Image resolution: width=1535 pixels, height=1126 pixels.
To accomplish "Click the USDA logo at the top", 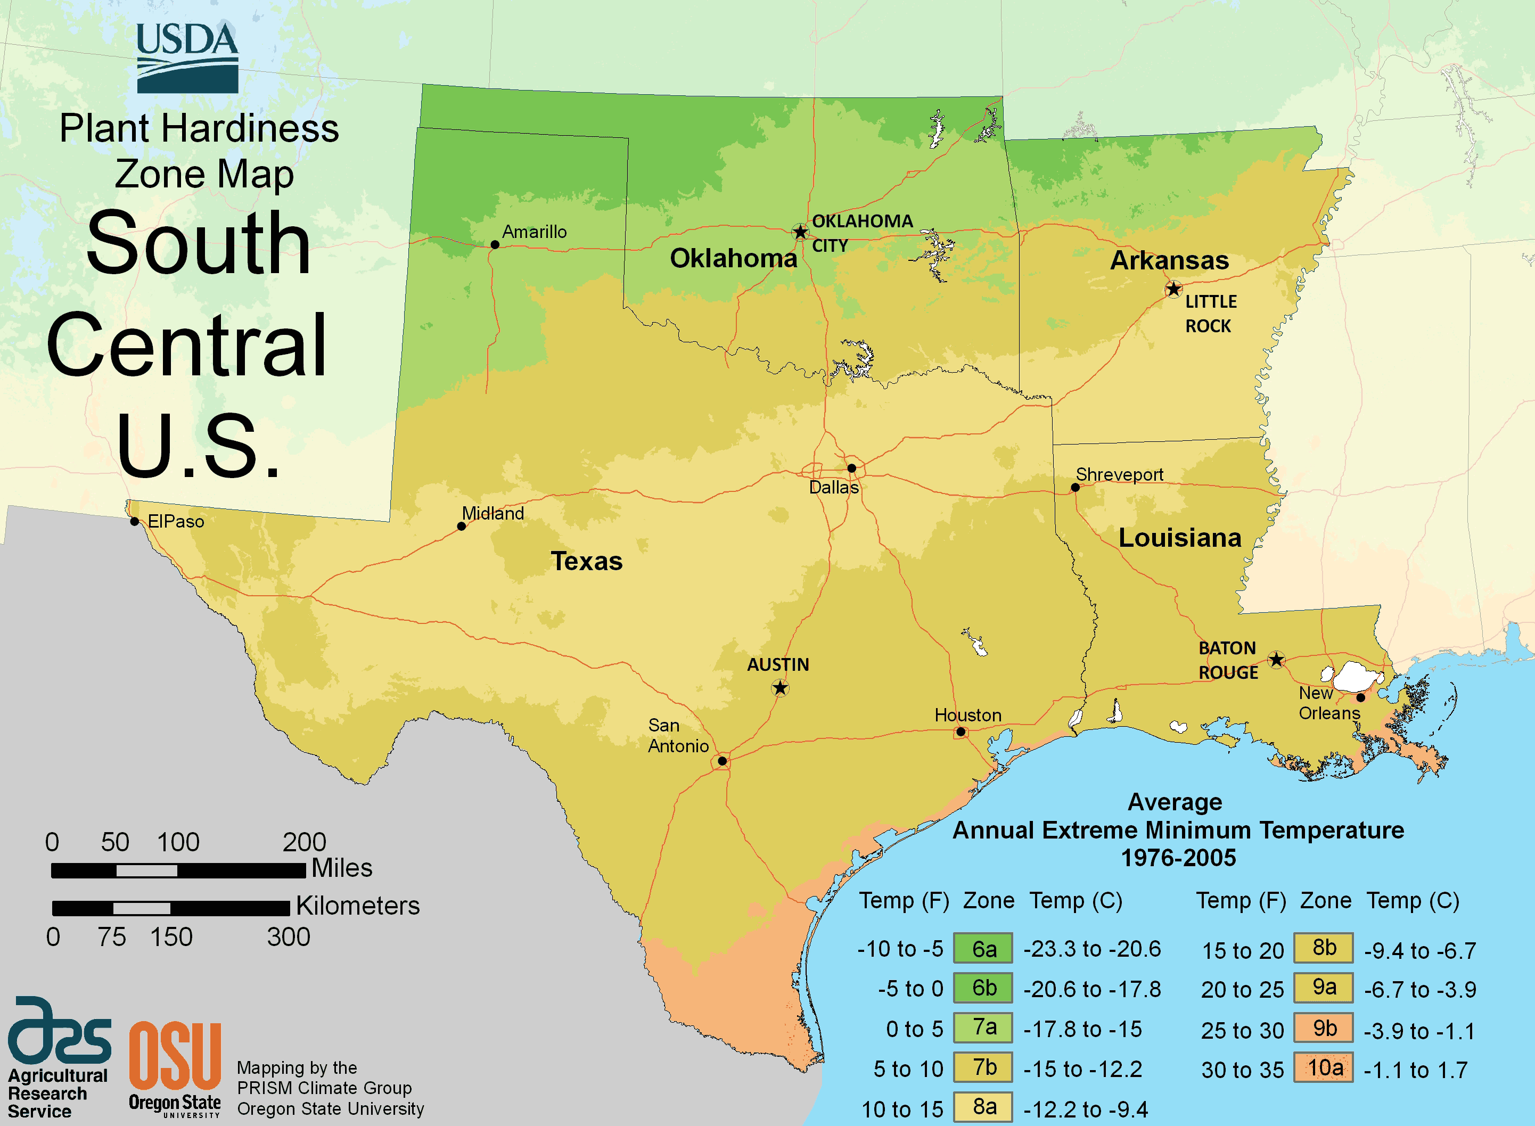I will [x=187, y=59].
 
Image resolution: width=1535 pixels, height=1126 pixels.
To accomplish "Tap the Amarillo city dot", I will [x=495, y=245].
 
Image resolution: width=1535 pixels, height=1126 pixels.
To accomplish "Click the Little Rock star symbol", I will [x=1173, y=290].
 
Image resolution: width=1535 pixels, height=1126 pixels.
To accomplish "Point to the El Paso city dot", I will [x=135, y=521].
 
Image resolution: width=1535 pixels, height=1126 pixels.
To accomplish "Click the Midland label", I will [x=493, y=513].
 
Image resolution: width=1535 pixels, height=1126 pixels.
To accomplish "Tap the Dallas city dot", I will [x=851, y=469].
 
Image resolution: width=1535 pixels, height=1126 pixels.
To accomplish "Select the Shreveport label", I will [x=1119, y=474].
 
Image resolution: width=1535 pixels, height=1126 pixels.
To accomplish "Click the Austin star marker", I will [x=781, y=688].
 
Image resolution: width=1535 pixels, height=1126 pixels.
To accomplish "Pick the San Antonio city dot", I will [x=723, y=761].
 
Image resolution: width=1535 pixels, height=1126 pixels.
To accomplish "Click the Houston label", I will [x=968, y=715].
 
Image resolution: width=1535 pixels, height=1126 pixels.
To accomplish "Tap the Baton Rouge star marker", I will [x=1277, y=660].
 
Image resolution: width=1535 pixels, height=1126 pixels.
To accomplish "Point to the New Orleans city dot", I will [x=1360, y=697].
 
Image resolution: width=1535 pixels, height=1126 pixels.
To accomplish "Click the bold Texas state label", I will [x=586, y=561].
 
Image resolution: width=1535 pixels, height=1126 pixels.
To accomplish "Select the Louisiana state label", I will [x=1180, y=538].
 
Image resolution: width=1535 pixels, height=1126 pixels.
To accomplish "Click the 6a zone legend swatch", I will [x=983, y=949].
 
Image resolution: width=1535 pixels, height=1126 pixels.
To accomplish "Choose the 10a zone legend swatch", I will [x=1324, y=1068].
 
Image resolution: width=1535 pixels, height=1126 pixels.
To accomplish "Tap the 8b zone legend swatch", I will [x=1324, y=948].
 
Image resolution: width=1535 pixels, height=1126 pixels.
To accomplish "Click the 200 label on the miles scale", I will [x=304, y=842].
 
